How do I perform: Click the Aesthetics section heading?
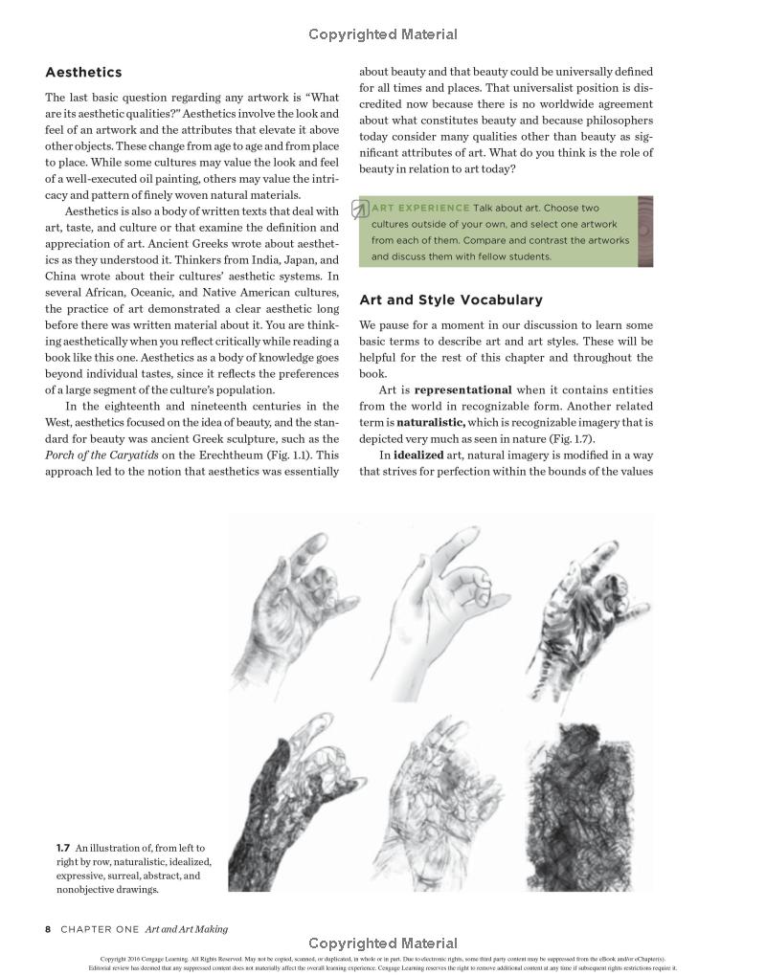tap(83, 73)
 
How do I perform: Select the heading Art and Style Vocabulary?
tap(450, 300)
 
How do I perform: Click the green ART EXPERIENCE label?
tap(420, 208)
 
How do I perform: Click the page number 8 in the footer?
tap(48, 929)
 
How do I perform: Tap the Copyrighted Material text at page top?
tap(383, 34)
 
